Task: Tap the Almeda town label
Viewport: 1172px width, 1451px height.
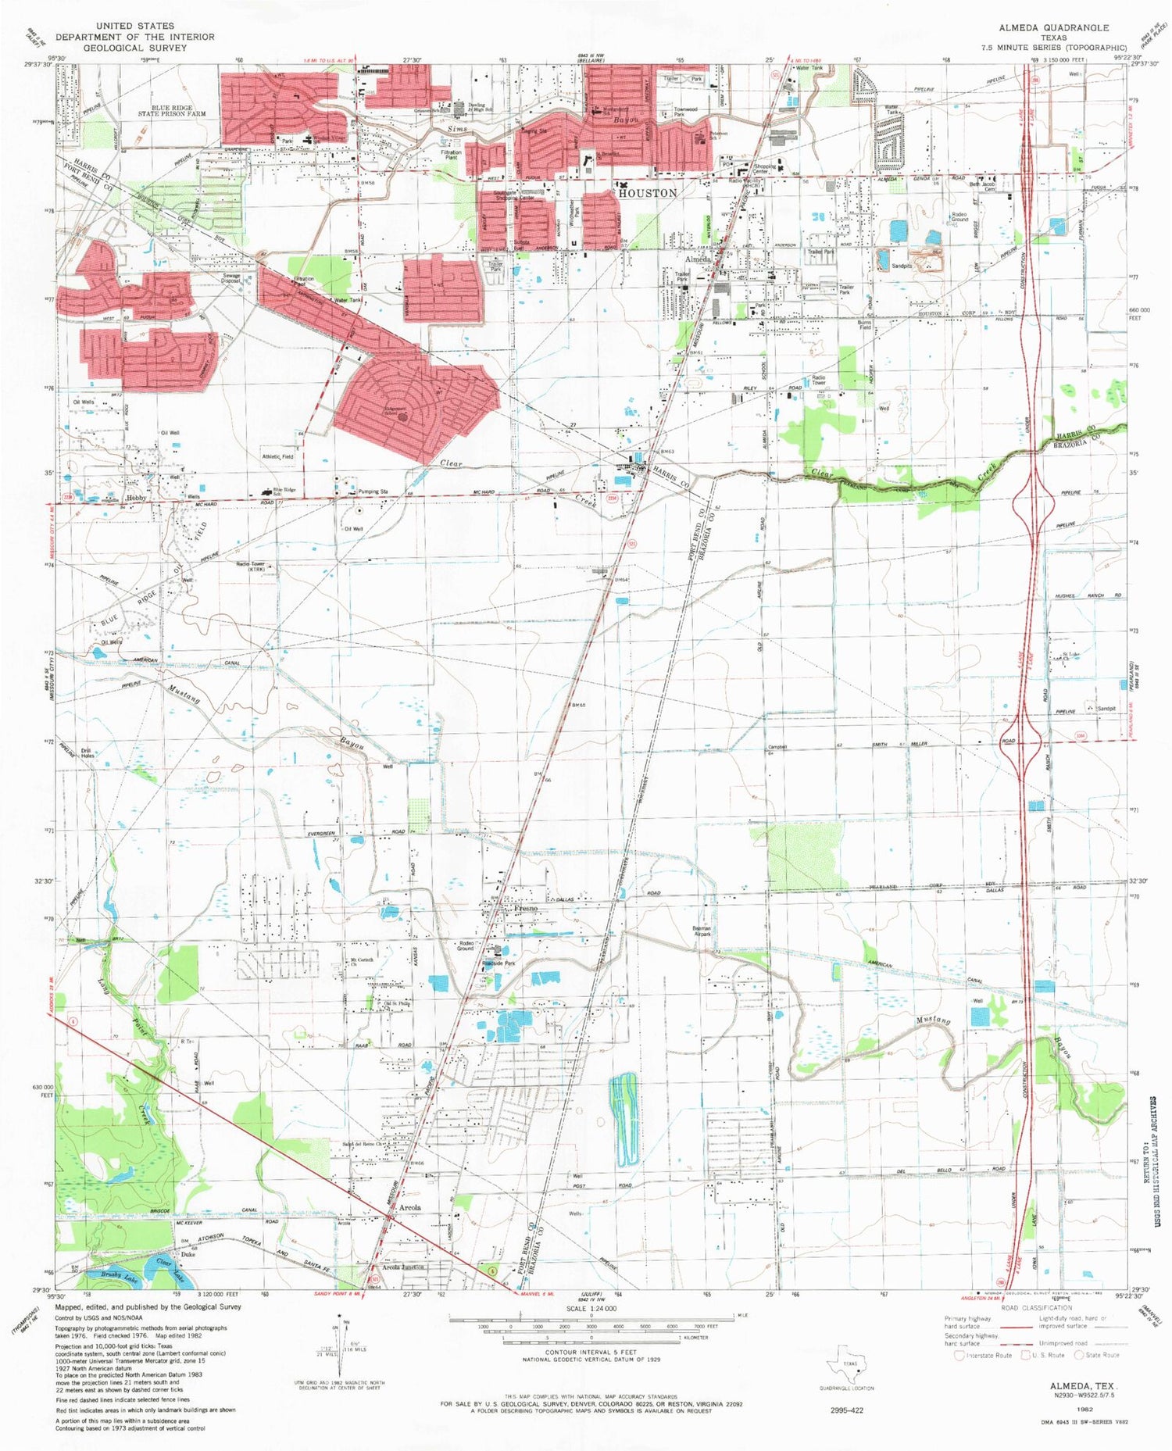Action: tap(698, 259)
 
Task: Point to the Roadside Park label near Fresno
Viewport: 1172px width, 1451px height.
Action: tap(500, 963)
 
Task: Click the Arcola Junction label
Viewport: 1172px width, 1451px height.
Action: tap(403, 1267)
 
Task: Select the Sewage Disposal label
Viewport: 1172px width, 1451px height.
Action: tap(231, 278)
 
